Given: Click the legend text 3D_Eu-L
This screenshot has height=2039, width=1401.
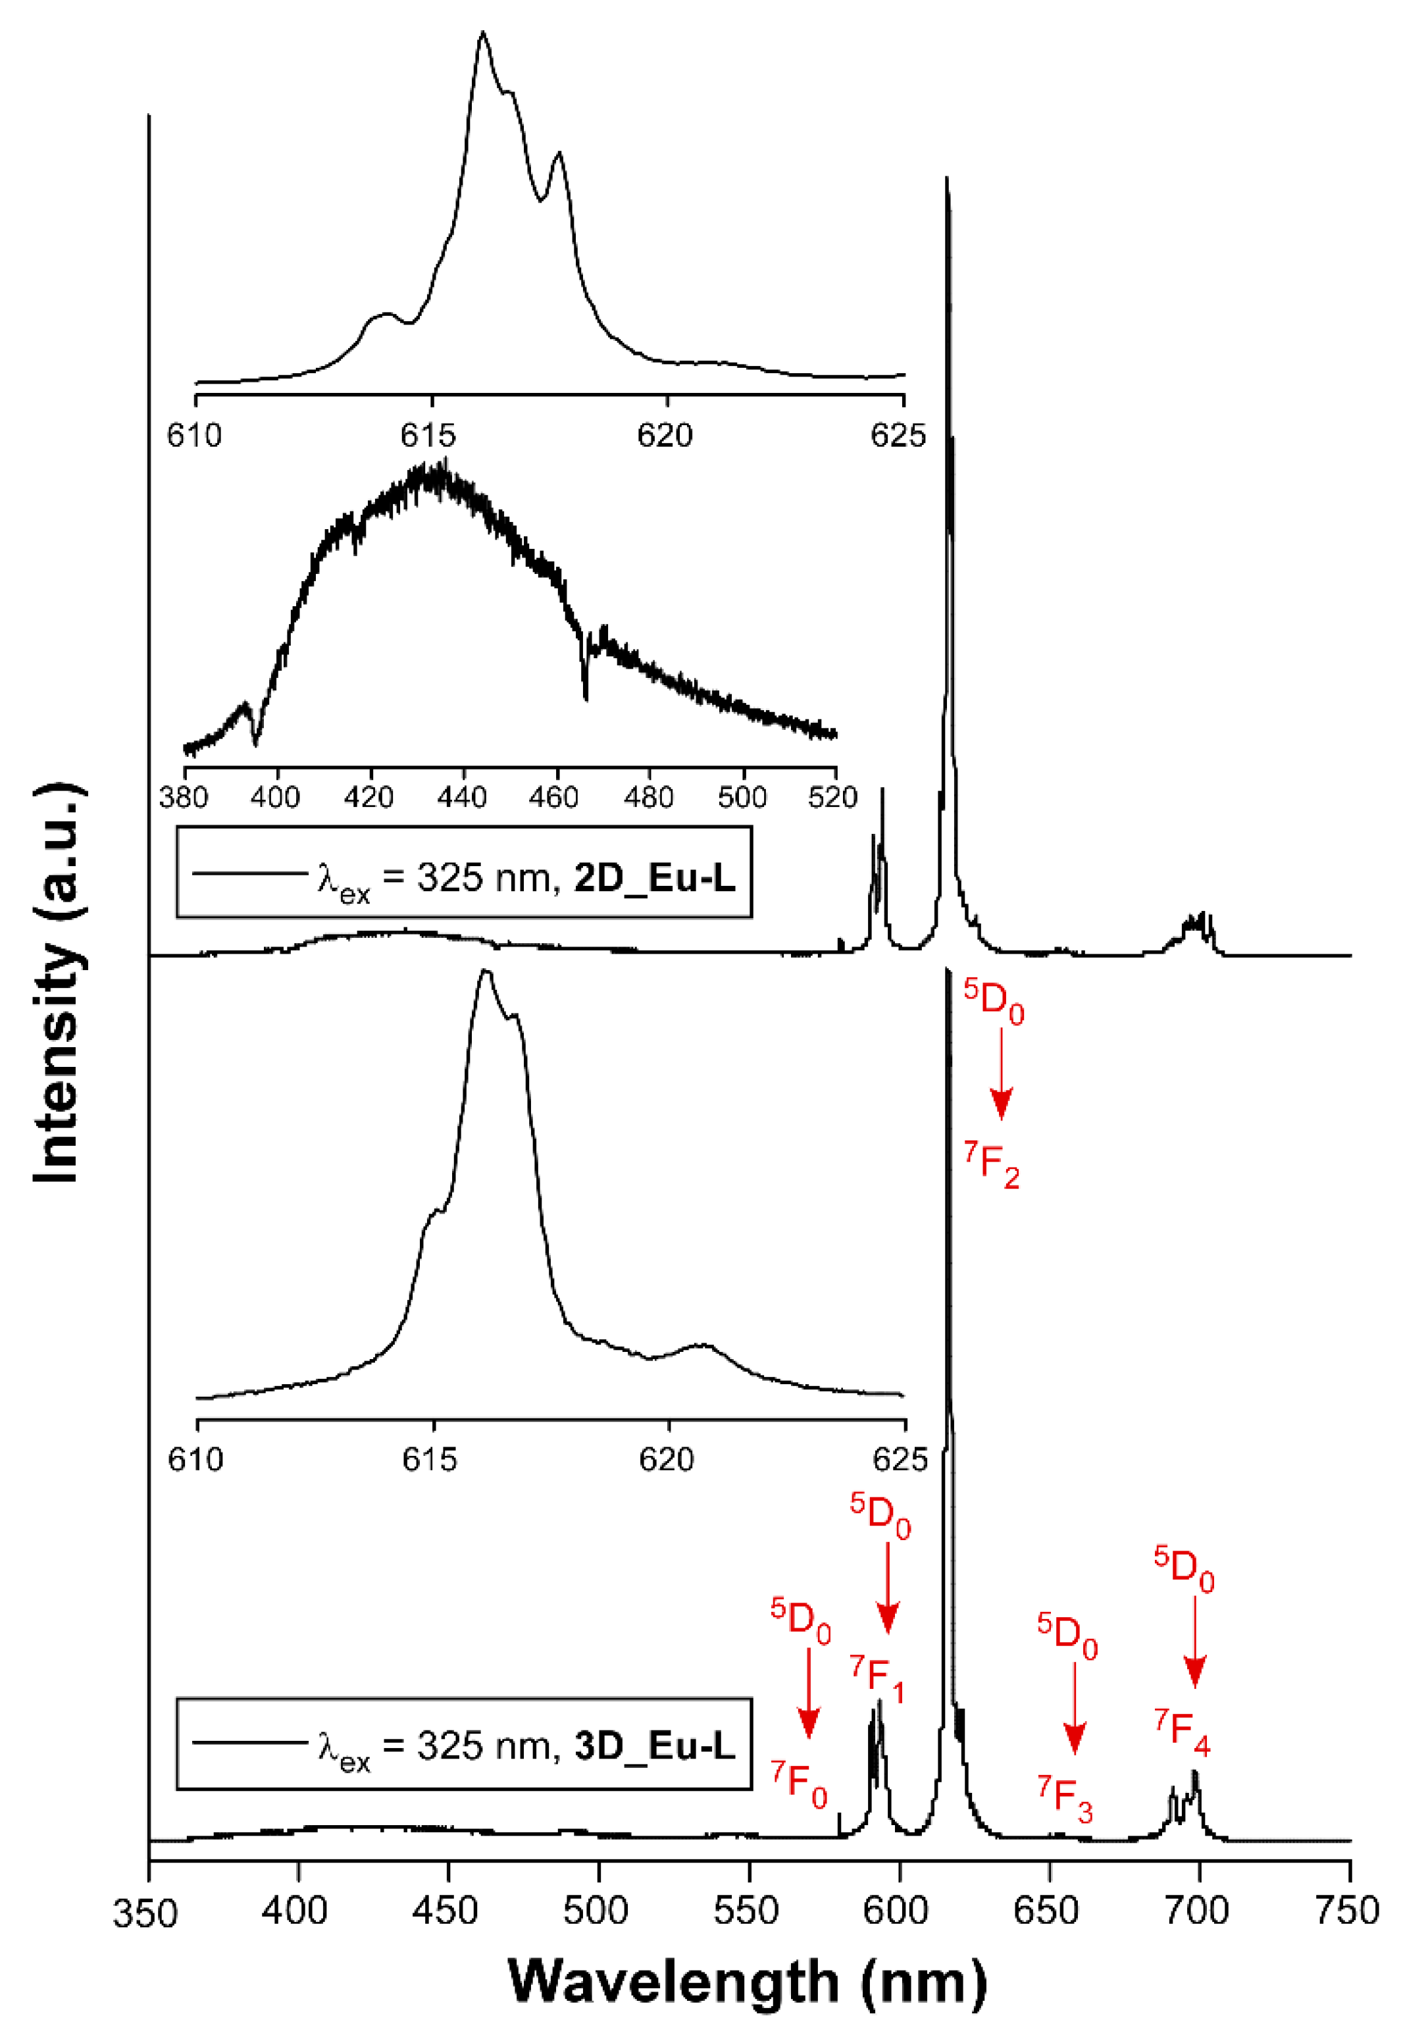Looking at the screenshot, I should click(x=654, y=1746).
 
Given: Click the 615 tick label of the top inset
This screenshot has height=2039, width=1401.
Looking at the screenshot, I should click(x=429, y=435).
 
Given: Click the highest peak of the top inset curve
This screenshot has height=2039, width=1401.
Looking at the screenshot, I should click(x=482, y=35).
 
